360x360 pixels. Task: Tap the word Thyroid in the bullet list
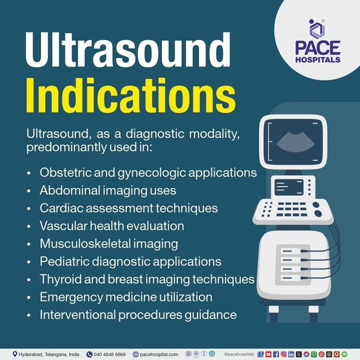click(56, 279)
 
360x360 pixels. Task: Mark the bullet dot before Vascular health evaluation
click(29, 226)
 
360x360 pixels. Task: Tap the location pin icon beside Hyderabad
click(15, 354)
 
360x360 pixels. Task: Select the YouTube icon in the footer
click(269, 354)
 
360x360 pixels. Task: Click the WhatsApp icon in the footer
click(314, 354)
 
